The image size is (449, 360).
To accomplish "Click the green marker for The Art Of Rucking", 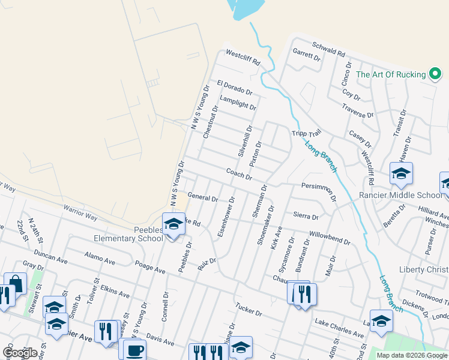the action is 435,74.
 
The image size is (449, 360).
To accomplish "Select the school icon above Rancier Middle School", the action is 401,174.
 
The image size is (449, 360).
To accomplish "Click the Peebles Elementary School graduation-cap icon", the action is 173,224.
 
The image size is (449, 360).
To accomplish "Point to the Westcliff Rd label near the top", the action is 243,58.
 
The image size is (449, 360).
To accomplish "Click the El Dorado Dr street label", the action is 235,88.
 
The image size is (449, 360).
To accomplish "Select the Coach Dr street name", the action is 238,173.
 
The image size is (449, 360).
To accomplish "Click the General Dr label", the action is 202,196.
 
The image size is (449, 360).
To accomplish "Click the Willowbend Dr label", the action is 330,238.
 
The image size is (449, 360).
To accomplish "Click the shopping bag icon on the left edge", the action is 15,283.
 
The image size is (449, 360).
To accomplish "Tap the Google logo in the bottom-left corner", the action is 20,352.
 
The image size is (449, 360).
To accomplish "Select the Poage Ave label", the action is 150,268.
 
